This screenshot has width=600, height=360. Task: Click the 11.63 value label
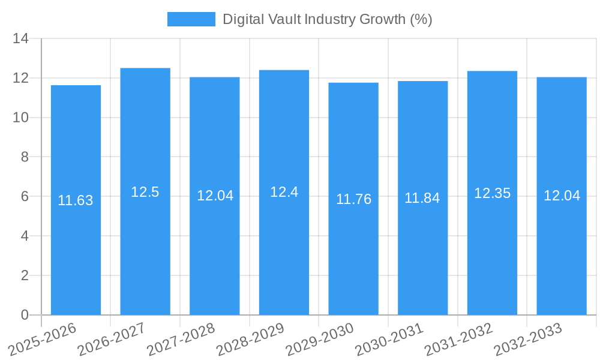tap(76, 201)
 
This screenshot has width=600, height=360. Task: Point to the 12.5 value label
tap(145, 192)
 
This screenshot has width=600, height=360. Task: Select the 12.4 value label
tap(284, 192)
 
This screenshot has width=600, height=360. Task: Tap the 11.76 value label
tap(353, 199)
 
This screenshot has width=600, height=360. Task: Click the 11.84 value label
tap(422, 198)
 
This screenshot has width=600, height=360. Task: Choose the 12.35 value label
tap(492, 193)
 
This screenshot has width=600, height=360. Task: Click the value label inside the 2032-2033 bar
tap(562, 196)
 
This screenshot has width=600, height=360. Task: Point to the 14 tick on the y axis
tap(21, 39)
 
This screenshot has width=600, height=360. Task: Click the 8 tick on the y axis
tap(25, 157)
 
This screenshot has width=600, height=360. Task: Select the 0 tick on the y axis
tap(25, 315)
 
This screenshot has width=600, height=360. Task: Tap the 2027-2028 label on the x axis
tap(181, 340)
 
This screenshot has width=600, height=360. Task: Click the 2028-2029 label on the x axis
tap(251, 340)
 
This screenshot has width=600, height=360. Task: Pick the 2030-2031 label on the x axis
tap(389, 340)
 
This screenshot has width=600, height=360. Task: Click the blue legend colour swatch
tap(191, 19)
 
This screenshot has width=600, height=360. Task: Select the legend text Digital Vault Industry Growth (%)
tap(328, 19)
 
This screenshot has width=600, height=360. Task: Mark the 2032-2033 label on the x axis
tap(528, 340)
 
